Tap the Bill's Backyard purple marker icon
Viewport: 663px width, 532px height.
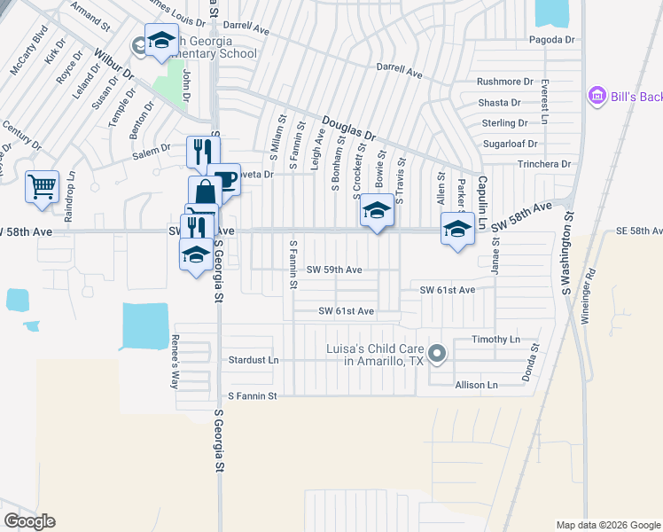(x=596, y=96)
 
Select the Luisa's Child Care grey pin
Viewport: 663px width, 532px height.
(x=436, y=355)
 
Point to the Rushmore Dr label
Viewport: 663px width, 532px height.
(x=505, y=82)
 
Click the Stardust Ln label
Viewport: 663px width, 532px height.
(x=253, y=361)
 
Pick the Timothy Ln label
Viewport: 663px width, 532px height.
(x=495, y=340)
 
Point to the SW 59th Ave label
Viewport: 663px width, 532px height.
(x=334, y=270)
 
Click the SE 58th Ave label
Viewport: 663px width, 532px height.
(x=638, y=231)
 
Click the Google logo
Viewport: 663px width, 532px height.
(x=29, y=521)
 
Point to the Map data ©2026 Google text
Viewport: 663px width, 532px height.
(x=608, y=525)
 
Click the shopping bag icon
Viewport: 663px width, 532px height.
(x=205, y=192)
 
